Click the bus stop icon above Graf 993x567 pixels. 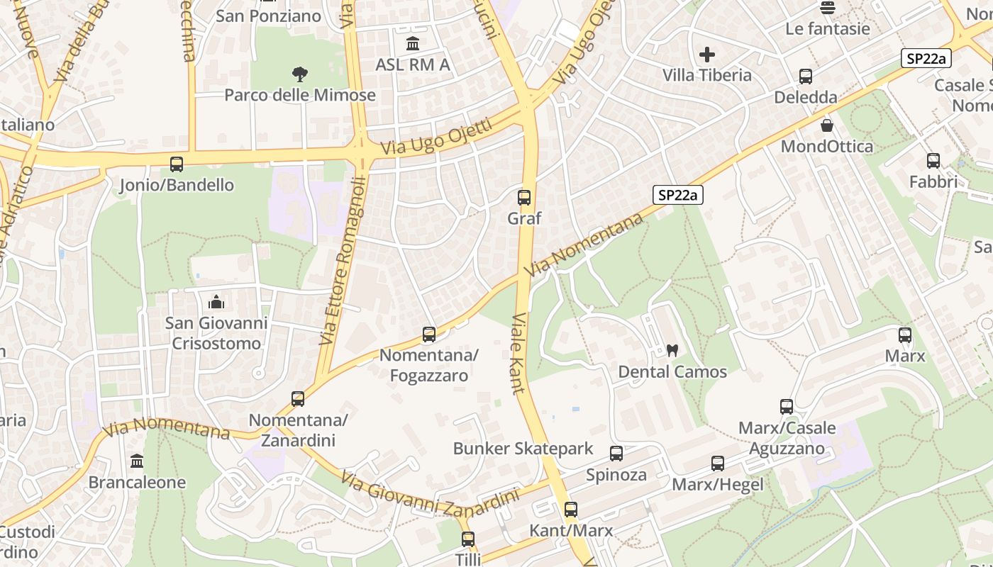tap(524, 198)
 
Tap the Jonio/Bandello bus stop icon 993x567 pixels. tap(177, 164)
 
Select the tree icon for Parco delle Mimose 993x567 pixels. tap(300, 74)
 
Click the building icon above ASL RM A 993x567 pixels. tap(413, 44)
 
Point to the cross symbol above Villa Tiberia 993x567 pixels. tap(706, 54)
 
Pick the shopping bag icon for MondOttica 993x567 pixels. tap(826, 125)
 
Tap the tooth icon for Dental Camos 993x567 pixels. tap(672, 350)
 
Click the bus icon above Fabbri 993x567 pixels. tap(933, 161)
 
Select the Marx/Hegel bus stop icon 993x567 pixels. tap(718, 464)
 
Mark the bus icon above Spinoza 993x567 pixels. tap(616, 454)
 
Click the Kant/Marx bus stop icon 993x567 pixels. tap(571, 509)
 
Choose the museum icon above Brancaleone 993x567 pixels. tap(137, 461)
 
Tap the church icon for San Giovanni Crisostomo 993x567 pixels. tap(216, 303)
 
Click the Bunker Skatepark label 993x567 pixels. tap(523, 449)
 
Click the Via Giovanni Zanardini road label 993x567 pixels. tap(430, 493)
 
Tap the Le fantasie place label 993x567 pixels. tap(827, 29)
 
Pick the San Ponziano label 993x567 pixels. tap(268, 16)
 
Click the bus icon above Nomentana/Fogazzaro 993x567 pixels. tap(429, 334)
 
